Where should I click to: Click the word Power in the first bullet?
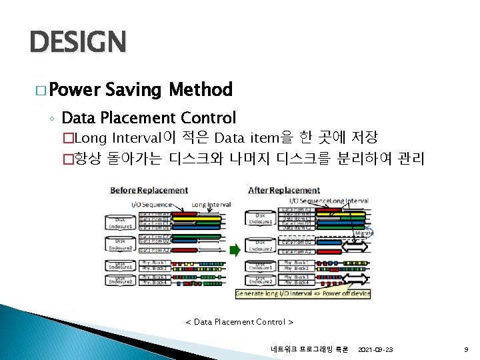pyautogui.click(x=73, y=89)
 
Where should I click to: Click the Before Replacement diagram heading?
pyautogui.click(x=149, y=190)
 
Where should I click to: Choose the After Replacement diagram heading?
pyautogui.click(x=284, y=190)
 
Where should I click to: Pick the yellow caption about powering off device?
pyautogui.click(x=303, y=293)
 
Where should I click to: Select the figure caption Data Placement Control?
pyautogui.click(x=239, y=322)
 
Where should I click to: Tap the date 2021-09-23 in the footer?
pyautogui.click(x=375, y=349)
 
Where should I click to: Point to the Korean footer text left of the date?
pyautogui.click(x=309, y=349)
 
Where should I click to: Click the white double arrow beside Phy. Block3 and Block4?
pyautogui.click(x=357, y=279)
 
